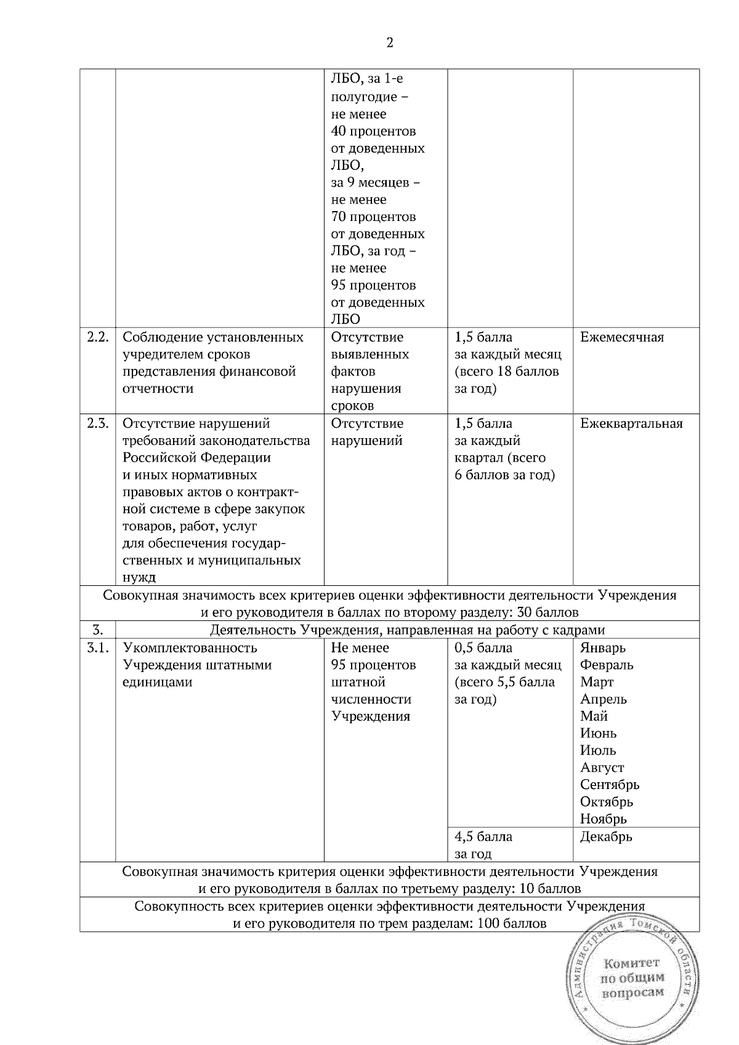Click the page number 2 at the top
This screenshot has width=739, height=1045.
tap(389, 42)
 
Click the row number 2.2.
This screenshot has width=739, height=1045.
tap(97, 337)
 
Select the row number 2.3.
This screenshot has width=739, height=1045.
tap(97, 423)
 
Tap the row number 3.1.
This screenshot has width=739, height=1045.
tap(97, 648)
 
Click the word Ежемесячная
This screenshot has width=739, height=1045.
tap(622, 337)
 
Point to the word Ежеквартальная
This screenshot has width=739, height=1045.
tap(631, 423)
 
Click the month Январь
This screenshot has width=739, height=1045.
tap(603, 648)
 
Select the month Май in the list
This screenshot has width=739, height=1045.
tap(594, 716)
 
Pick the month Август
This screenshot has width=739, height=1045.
tap(602, 768)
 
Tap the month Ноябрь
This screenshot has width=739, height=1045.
tap(604, 819)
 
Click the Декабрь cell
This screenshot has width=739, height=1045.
tap(606, 837)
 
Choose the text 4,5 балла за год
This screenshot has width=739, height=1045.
tap(483, 845)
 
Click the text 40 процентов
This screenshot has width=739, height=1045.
tap(373, 131)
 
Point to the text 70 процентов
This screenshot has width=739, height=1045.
tap(373, 217)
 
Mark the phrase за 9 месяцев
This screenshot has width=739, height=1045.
tap(376, 183)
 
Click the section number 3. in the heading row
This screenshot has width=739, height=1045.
tap(97, 630)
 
